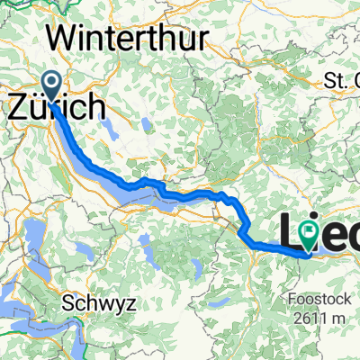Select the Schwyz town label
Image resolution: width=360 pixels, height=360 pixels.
click(x=100, y=304)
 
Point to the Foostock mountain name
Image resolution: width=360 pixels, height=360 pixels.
click(x=315, y=277)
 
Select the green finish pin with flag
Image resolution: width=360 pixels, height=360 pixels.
click(x=309, y=236)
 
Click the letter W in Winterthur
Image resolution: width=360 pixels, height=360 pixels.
click(x=65, y=38)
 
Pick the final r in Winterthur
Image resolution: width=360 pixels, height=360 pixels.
click(x=202, y=38)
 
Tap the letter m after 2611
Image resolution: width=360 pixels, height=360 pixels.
click(x=338, y=293)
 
